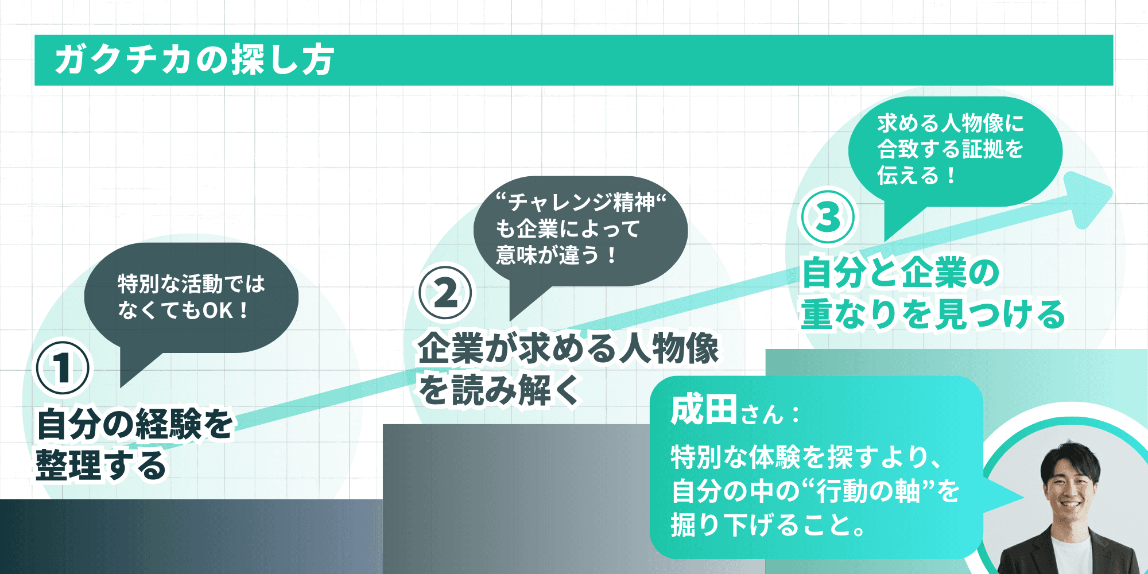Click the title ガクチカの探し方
[x=194, y=60]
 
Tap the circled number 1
[x=63, y=368]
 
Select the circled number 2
[x=445, y=293]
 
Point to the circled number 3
[x=828, y=218]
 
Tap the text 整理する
[x=101, y=465]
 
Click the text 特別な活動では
[x=191, y=284]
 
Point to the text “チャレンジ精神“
[x=581, y=202]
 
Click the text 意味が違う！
[x=556, y=255]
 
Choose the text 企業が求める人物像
[x=568, y=348]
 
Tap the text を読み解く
[x=498, y=390]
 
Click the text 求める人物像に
[x=951, y=123]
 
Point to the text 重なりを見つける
[x=933, y=314]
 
